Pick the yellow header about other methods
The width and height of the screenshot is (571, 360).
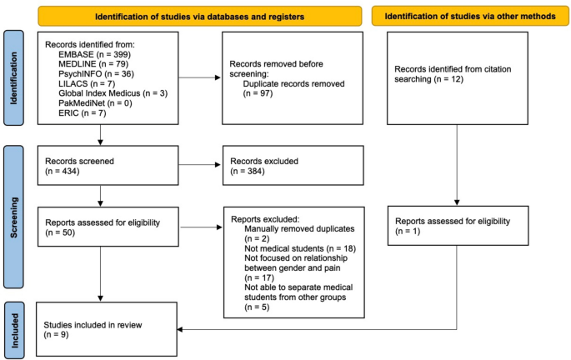(x=473, y=15)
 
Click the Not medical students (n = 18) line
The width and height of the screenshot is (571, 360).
(x=296, y=249)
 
